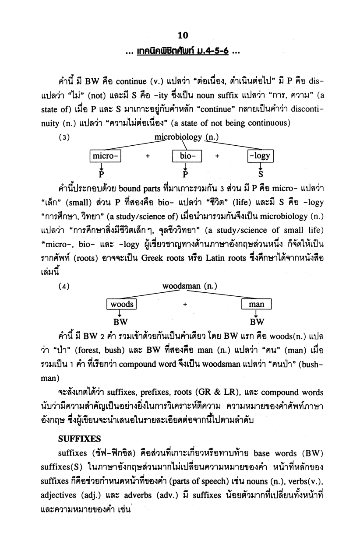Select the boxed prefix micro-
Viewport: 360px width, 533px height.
coord(105,156)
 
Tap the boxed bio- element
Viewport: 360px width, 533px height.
coord(186,156)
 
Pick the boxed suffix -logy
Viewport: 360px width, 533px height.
coord(260,156)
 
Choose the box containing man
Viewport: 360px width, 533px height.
coord(256,304)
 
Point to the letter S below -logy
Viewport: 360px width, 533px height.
coord(261,175)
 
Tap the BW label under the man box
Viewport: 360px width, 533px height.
coord(257,323)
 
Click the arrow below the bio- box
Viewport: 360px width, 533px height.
coord(186,166)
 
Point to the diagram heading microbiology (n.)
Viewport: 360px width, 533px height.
coord(186,138)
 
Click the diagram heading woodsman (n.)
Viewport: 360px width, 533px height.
coord(189,287)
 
